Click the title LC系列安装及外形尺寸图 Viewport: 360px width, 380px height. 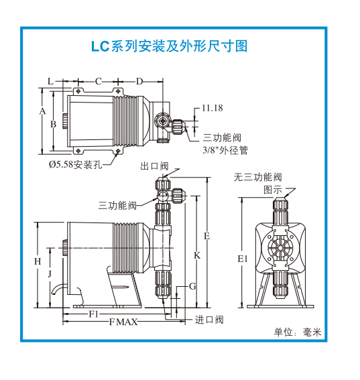pos(169,46)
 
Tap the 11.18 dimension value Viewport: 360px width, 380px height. pos(212,108)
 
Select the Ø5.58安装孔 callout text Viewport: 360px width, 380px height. pos(75,165)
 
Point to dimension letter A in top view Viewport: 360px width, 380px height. pos(42,111)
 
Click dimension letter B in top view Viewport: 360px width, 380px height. pos(53,124)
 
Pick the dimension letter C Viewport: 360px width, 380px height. pos(98,82)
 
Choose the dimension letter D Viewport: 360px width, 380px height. pos(139,82)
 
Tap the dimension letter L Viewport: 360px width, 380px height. pos(50,82)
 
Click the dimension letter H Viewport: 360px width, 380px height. pos(38,261)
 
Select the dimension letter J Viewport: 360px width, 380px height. pos(50,273)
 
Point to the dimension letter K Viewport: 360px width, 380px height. pos(197,255)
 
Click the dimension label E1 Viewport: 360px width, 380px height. pos(243,259)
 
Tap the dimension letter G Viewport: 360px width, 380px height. pos(192,286)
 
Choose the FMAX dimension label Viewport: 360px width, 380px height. pos(123,322)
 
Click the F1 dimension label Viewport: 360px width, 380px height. pos(94,314)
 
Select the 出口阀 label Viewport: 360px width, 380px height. pos(154,166)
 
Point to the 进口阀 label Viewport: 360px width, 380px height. pos(209,320)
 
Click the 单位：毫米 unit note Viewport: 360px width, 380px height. pos(298,332)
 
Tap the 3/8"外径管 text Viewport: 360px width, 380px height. pos(225,150)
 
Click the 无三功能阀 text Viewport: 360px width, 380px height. pos(258,177)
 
